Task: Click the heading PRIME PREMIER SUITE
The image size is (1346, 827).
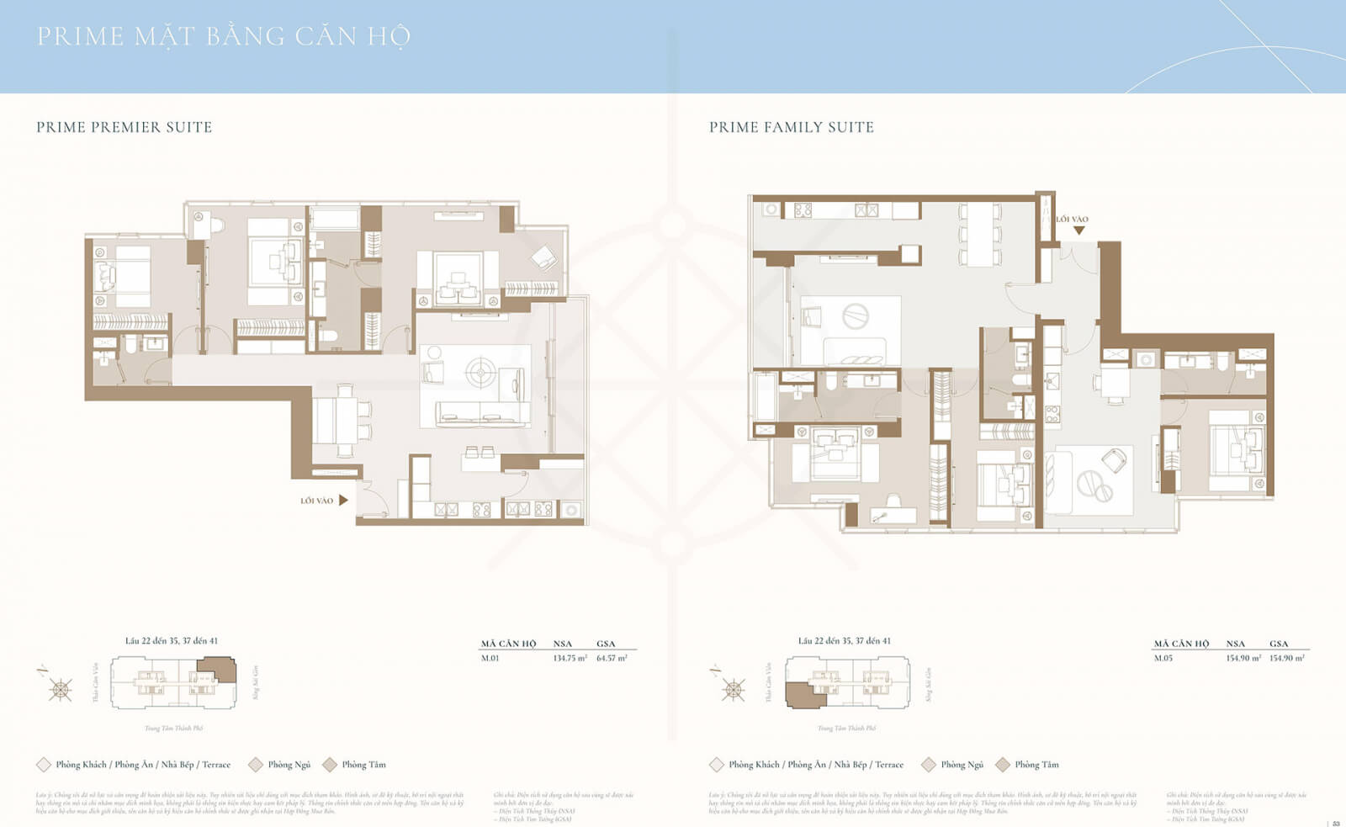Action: (124, 127)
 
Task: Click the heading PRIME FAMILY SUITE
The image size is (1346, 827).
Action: (791, 127)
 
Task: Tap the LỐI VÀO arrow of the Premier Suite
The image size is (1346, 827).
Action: (343, 500)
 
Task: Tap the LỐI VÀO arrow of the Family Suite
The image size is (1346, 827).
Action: (1078, 230)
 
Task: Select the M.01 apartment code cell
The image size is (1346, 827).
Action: (490, 658)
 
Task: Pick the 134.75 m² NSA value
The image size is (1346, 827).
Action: (570, 658)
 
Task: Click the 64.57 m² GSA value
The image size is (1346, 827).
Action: (612, 658)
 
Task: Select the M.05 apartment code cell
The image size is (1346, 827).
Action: (1163, 658)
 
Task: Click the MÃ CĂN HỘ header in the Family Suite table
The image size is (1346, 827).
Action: (1180, 644)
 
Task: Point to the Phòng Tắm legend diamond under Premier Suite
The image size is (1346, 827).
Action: (330, 765)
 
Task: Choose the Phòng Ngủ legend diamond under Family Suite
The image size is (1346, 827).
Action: (929, 765)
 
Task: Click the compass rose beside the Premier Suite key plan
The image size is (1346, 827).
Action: (61, 690)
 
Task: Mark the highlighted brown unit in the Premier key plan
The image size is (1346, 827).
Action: (218, 671)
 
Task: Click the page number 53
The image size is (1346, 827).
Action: (1335, 823)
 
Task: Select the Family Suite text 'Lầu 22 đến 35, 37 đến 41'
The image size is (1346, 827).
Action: (844, 641)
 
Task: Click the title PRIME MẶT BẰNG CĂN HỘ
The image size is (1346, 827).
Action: (224, 36)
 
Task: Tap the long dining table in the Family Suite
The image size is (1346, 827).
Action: (980, 233)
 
